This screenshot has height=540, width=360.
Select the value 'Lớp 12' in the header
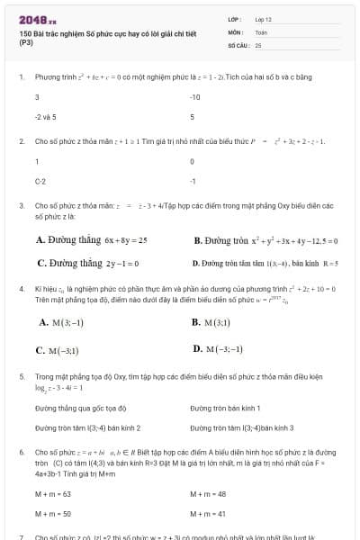(264, 19)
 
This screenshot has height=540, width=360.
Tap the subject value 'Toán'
(261, 31)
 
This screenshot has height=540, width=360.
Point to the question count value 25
(258, 44)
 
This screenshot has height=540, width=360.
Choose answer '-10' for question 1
(195, 97)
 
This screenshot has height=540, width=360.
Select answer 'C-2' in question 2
(40, 181)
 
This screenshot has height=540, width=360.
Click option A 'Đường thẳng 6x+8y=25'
(91, 240)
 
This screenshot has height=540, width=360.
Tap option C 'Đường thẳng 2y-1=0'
(87, 264)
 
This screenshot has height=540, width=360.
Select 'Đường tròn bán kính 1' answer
(225, 408)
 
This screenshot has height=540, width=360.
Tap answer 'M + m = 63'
(53, 493)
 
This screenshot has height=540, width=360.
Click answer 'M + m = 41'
(208, 513)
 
